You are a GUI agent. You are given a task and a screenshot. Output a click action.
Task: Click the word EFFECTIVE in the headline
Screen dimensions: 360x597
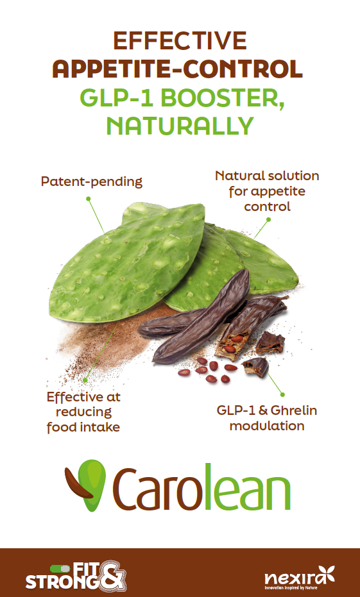click(x=180, y=41)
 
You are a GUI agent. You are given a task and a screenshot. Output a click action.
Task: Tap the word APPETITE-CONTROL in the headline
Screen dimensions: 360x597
click(x=178, y=69)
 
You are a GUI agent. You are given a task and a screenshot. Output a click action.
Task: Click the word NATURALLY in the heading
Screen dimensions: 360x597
click(x=180, y=126)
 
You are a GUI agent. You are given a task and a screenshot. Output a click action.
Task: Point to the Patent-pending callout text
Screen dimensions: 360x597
click(x=91, y=182)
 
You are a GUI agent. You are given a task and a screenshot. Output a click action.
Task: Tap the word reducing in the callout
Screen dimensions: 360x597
click(x=83, y=412)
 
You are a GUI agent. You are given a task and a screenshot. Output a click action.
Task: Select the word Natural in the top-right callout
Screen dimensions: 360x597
click(x=239, y=176)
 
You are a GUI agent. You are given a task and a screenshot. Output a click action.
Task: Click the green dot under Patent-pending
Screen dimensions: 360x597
click(x=88, y=198)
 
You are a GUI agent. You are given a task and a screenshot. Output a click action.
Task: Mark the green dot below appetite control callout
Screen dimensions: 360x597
click(x=268, y=219)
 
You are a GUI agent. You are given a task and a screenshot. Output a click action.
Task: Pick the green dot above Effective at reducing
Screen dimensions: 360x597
click(x=85, y=380)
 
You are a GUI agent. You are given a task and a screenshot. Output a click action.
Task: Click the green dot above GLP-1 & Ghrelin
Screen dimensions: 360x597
click(x=282, y=395)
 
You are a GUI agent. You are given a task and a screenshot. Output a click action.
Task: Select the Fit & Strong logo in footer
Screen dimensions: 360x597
click(x=76, y=576)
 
